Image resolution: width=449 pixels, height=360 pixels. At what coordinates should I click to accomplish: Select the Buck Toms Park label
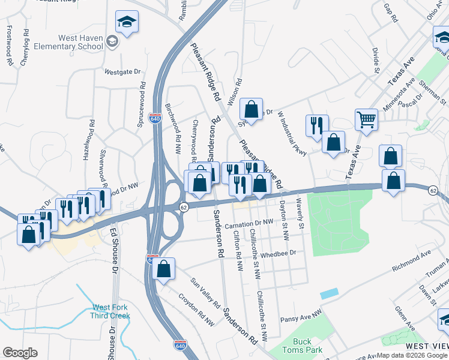(x=304, y=345)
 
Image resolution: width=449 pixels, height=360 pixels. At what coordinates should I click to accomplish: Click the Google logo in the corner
(x=20, y=353)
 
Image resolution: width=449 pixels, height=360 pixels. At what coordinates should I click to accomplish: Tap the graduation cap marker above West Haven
(x=127, y=22)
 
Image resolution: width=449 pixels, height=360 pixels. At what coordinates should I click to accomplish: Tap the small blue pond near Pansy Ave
(x=329, y=294)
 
